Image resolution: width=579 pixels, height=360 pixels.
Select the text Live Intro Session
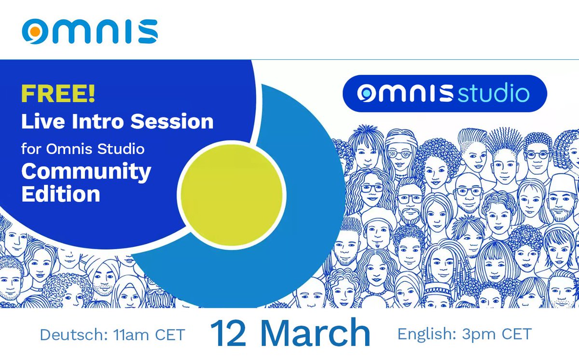coord(117,121)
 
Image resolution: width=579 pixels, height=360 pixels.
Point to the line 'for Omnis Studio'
coord(83,148)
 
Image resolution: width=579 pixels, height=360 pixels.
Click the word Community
coord(86,171)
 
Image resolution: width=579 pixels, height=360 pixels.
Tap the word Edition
coord(60,194)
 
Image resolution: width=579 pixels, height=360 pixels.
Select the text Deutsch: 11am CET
coord(112,334)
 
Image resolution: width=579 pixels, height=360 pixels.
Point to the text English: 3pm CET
coord(464,333)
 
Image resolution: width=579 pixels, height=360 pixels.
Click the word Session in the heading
coord(179,121)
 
